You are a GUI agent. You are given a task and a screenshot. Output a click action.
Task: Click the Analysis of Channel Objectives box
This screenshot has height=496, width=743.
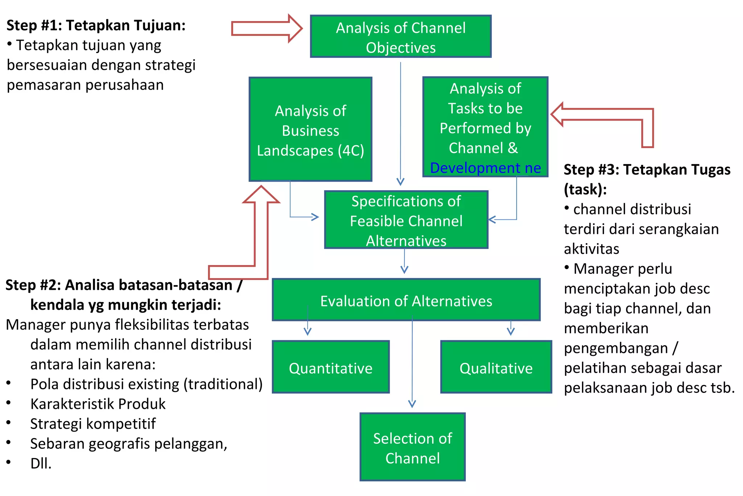click(x=401, y=37)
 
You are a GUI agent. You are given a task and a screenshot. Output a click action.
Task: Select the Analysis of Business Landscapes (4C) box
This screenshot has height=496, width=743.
click(x=310, y=130)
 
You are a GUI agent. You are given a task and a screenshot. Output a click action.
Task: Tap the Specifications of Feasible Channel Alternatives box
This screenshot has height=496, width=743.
click(x=406, y=220)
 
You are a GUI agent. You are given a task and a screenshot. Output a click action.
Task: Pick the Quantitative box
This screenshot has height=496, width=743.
click(x=331, y=367)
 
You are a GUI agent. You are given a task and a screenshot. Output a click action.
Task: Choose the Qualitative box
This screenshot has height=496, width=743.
click(x=496, y=367)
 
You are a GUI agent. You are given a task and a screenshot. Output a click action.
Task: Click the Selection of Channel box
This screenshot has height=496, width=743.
click(x=412, y=447)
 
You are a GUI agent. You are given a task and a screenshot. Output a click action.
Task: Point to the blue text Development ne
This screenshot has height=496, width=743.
click(x=485, y=168)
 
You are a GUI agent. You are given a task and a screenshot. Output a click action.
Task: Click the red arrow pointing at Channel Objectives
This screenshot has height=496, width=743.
click(x=267, y=28)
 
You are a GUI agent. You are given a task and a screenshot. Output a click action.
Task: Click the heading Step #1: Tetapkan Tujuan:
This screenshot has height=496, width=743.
click(x=96, y=25)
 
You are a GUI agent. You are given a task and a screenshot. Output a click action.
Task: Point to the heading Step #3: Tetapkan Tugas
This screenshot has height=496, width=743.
click(x=647, y=170)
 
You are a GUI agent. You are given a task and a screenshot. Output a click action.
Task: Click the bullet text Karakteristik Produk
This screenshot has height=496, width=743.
click(x=98, y=404)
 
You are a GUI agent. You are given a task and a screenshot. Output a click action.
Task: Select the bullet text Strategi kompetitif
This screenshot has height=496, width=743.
click(x=93, y=424)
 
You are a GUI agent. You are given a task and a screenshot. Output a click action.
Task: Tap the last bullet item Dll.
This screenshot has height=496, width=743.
click(x=41, y=463)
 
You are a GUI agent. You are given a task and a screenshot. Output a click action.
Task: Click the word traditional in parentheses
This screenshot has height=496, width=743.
click(x=223, y=384)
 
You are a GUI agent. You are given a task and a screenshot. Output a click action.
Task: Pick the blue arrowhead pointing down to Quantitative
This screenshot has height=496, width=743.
click(x=308, y=331)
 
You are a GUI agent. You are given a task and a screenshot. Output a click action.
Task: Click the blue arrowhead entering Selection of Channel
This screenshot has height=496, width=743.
click(x=412, y=403)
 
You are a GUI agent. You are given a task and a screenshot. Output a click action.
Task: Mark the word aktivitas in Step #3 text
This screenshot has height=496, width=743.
click(x=591, y=249)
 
